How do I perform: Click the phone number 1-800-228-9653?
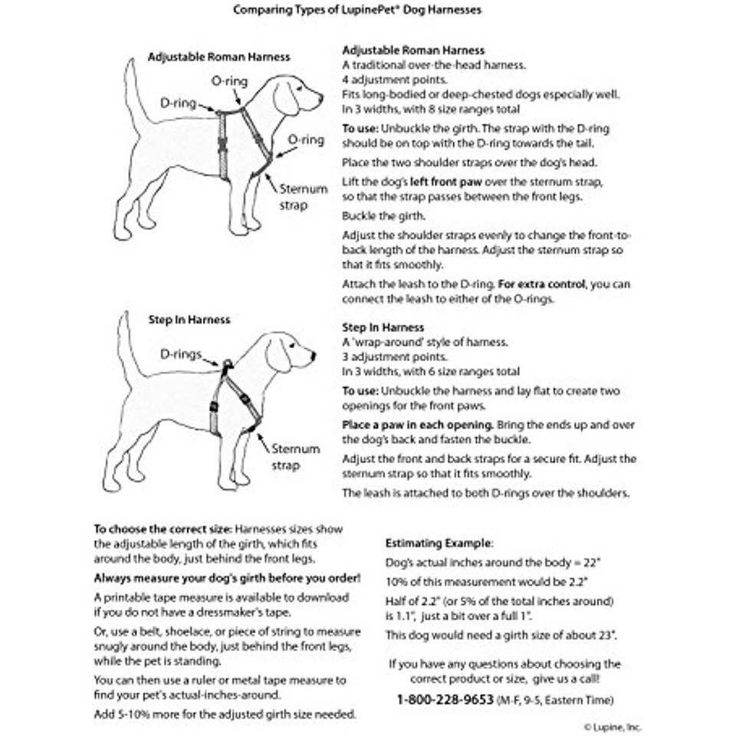(445, 699)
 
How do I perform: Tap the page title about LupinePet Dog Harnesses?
(368, 11)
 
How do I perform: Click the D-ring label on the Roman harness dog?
(178, 103)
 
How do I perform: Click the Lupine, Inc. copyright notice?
(613, 727)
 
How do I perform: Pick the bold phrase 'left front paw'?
(436, 182)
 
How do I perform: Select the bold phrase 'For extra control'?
(542, 284)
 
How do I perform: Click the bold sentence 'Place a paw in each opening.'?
(417, 425)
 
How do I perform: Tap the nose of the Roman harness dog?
(321, 98)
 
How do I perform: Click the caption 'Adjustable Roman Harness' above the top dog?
(219, 57)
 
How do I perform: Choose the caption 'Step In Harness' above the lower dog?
(189, 319)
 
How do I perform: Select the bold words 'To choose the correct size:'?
(163, 529)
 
